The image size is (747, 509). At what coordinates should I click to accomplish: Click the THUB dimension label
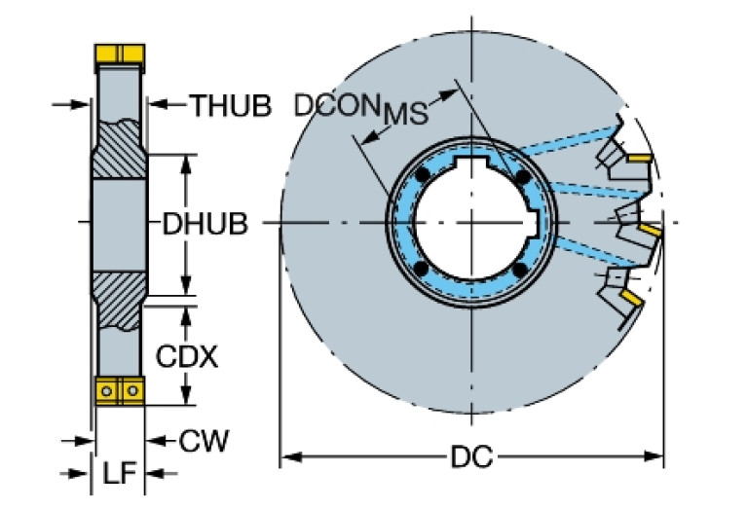pyautogui.click(x=232, y=105)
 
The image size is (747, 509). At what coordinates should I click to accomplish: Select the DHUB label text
pyautogui.click(x=205, y=224)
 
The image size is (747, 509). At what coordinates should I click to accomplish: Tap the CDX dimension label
pyautogui.click(x=187, y=356)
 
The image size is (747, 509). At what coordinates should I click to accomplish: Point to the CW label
pyautogui.click(x=204, y=441)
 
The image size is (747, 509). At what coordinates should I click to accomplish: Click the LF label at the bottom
pyautogui.click(x=120, y=473)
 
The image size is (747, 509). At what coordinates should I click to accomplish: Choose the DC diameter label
pyautogui.click(x=471, y=457)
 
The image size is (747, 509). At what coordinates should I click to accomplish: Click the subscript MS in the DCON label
pyautogui.click(x=405, y=114)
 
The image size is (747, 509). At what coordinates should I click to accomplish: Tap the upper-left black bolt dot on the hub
pyautogui.click(x=422, y=176)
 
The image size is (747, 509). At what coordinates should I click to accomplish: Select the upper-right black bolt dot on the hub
pyautogui.click(x=523, y=176)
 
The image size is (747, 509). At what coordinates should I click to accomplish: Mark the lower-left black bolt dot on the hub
pyautogui.click(x=421, y=269)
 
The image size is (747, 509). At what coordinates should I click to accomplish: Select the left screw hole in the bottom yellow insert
pyautogui.click(x=107, y=391)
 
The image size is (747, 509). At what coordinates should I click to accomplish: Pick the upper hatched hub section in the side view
pyautogui.click(x=119, y=149)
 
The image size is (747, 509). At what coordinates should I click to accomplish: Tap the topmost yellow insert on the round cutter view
pyautogui.click(x=639, y=158)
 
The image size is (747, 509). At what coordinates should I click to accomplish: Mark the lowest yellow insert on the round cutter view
pyautogui.click(x=633, y=299)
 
